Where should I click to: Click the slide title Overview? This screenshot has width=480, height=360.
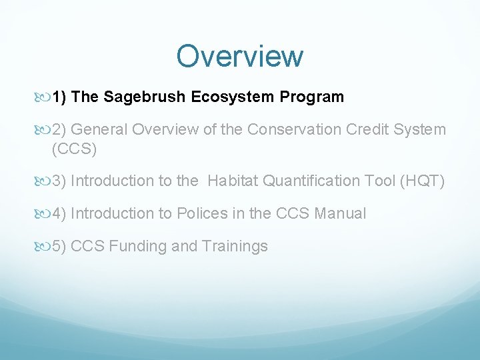pos(239,56)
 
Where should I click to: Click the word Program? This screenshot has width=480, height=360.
pos(312,97)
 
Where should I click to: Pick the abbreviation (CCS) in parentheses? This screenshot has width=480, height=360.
pos(74,149)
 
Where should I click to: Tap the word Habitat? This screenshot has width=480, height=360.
pos(234,181)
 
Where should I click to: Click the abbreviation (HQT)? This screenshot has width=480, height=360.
pos(422,181)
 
